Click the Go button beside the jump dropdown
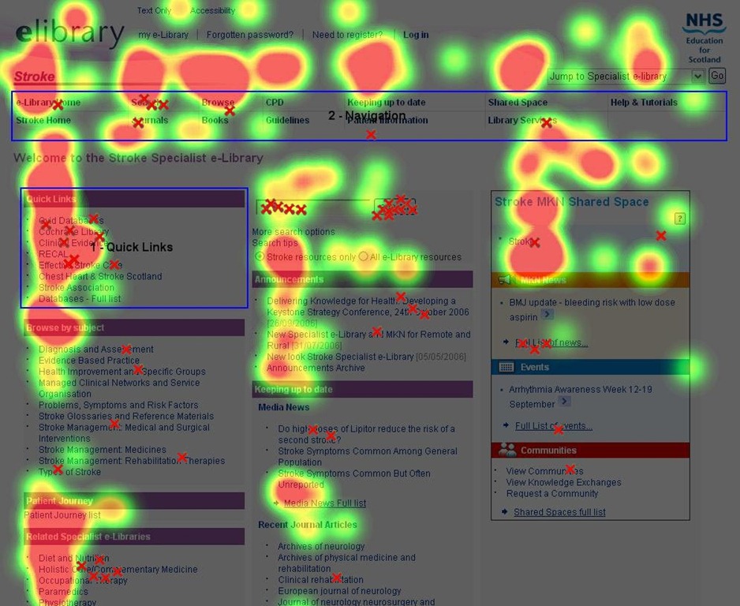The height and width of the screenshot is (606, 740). (716, 76)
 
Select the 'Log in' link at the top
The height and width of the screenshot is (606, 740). (416, 35)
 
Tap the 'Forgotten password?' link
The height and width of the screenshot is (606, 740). (249, 35)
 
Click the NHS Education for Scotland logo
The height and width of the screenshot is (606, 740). (704, 37)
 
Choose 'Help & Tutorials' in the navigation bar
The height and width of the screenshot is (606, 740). (643, 103)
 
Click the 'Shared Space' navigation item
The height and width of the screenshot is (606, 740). (517, 103)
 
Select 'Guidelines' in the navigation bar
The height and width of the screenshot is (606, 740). (287, 121)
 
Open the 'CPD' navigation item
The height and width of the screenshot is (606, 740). (275, 103)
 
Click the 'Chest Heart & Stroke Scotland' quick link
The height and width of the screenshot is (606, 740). (100, 277)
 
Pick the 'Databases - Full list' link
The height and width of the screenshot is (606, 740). (80, 299)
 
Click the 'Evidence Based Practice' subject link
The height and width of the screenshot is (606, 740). (89, 361)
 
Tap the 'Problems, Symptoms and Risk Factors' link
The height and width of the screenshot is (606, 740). (118, 406)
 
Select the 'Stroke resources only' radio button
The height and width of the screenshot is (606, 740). (260, 257)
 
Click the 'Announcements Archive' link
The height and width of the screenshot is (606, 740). (316, 368)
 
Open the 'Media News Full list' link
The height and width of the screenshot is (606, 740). (324, 503)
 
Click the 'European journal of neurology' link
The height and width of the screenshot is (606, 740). (339, 591)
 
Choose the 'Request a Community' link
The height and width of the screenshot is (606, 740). (552, 494)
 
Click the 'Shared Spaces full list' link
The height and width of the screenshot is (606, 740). (559, 513)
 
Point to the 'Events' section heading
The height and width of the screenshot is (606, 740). (534, 368)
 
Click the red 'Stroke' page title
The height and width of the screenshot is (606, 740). (34, 77)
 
